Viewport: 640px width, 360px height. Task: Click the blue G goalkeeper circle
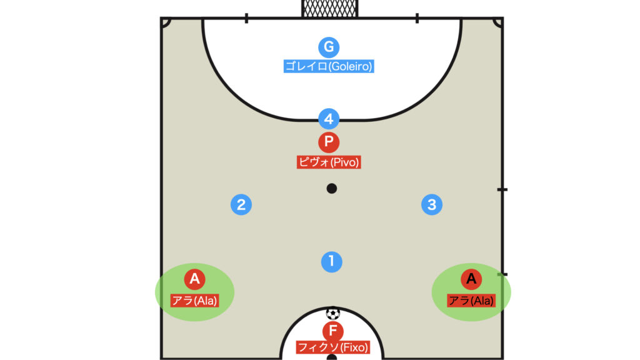329,47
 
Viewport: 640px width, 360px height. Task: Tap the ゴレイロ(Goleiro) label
329,66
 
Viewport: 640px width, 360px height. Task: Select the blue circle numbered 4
329,119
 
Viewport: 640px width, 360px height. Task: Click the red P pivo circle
329,142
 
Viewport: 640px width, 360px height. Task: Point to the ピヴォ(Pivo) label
329,162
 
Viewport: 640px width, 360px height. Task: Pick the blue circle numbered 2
241,204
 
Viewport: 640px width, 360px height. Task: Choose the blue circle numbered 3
432,204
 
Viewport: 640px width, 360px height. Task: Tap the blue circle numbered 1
331,262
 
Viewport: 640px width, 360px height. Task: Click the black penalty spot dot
331,189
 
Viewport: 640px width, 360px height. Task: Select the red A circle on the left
195,279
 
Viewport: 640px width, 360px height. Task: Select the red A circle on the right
471,279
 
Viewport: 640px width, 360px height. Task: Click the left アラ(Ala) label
195,301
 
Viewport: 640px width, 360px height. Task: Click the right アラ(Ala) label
471,301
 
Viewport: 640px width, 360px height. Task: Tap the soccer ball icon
332,314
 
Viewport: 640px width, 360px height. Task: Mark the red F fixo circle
332,331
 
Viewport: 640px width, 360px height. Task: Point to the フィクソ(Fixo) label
332,347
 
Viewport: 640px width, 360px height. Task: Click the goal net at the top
330,9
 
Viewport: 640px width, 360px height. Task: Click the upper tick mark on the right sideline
502,190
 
